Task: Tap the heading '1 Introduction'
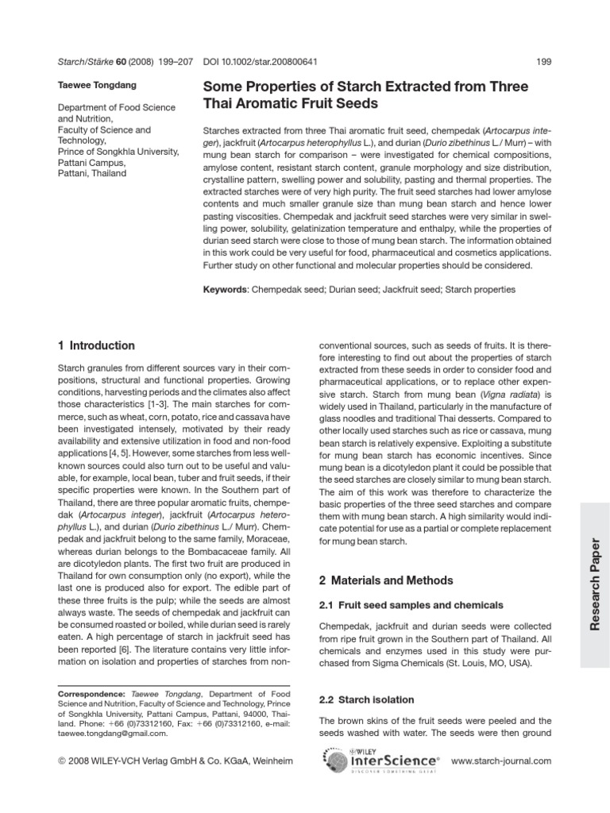[x=97, y=345]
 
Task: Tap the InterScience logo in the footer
[x=395, y=761]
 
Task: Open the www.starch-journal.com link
[x=500, y=761]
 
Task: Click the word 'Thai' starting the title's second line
[x=221, y=103]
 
